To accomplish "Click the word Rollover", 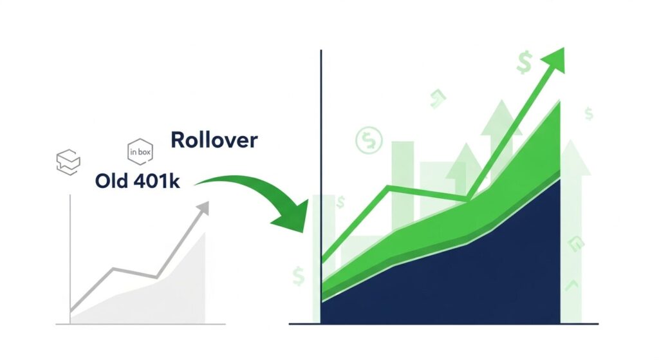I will pyautogui.click(x=214, y=140).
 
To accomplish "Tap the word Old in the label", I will pyautogui.click(x=111, y=181).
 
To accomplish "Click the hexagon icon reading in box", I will pyautogui.click(x=140, y=153).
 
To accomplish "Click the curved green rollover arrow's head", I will pyautogui.click(x=290, y=216).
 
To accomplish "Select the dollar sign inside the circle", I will pyautogui.click(x=369, y=139).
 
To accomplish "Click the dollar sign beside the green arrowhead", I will pyautogui.click(x=523, y=63).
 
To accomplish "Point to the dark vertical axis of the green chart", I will pyautogui.click(x=320, y=161).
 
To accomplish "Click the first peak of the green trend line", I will pyautogui.click(x=389, y=187).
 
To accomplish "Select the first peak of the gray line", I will pyautogui.click(x=113, y=269).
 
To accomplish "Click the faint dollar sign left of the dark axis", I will pyautogui.click(x=298, y=276).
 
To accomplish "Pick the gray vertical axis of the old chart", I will pyautogui.click(x=70, y=258).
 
